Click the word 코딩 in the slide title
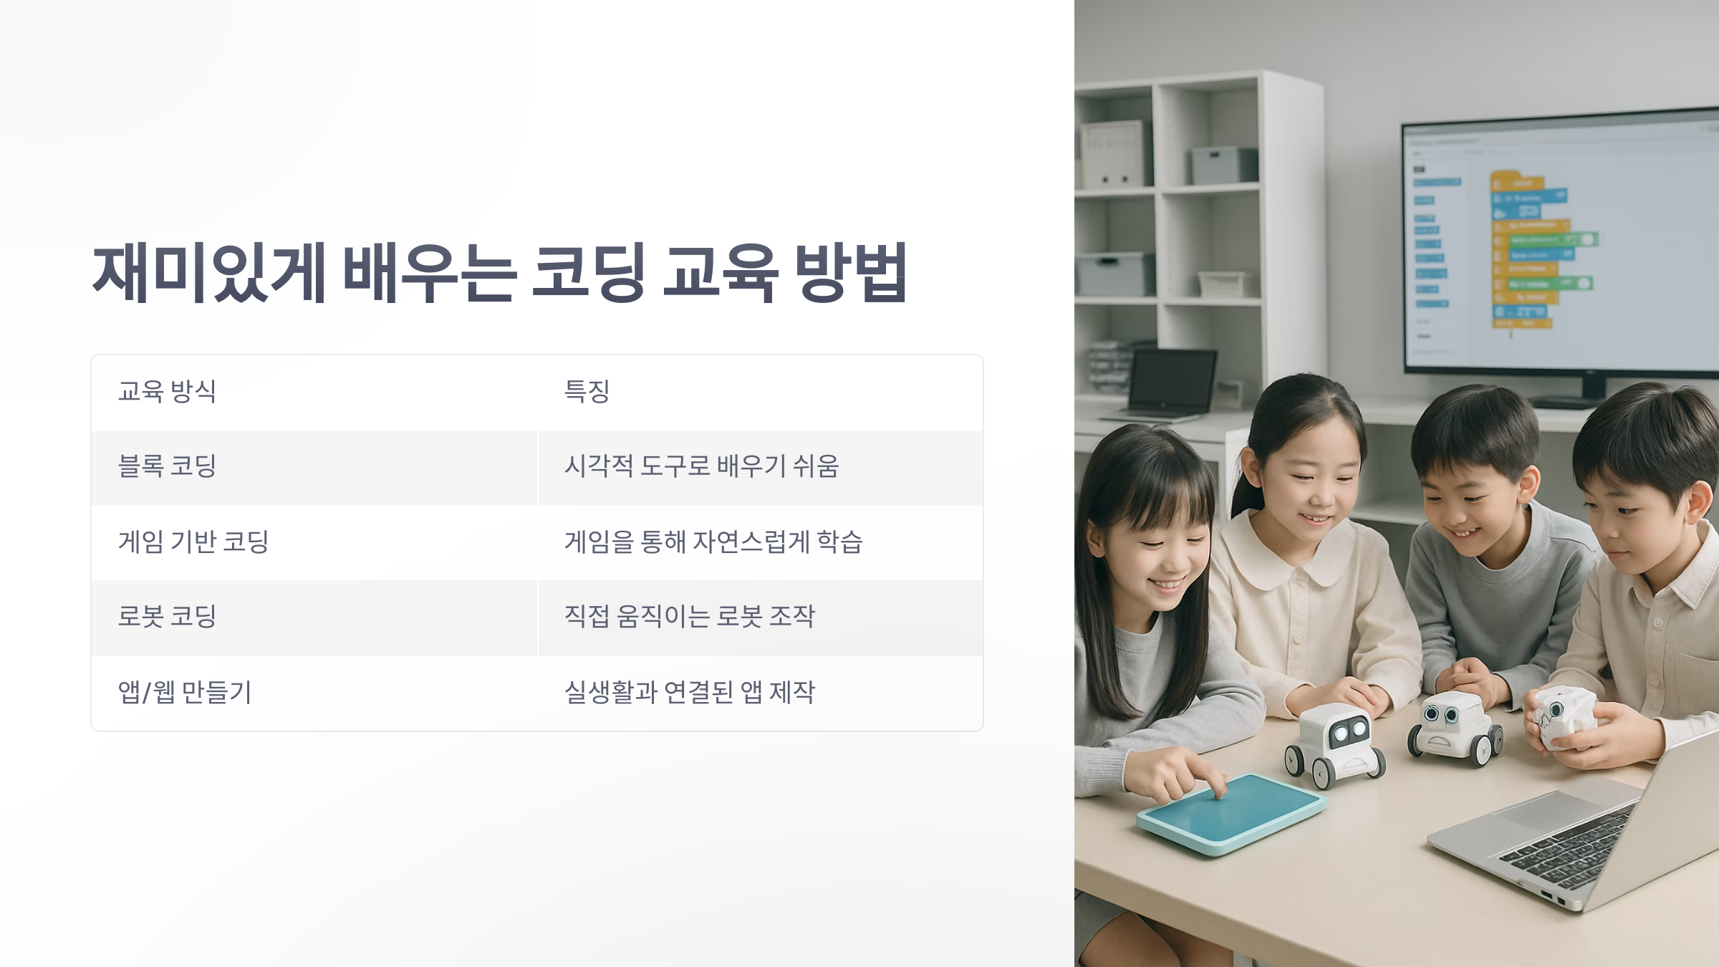coord(588,272)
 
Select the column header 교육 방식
coord(167,391)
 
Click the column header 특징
coord(587,391)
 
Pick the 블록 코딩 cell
coord(167,466)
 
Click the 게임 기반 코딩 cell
coord(193,542)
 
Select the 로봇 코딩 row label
coord(167,617)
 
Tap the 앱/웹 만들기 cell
coord(185,692)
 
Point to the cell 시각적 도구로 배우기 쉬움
coord(701,466)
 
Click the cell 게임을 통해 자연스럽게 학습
coord(713,542)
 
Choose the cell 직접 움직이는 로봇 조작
coord(689,617)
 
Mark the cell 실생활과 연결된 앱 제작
coord(689,692)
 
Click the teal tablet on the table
coord(1231,813)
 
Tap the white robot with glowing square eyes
coord(1334,745)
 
